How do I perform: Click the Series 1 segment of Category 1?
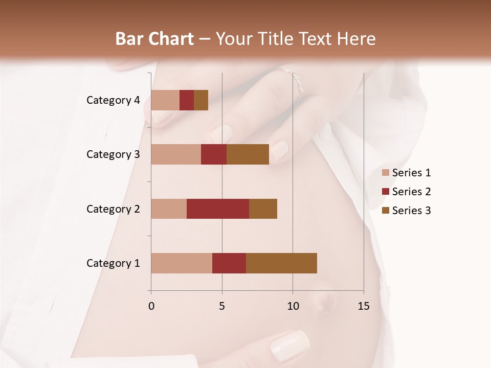coord(182,263)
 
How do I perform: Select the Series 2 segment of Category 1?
coord(229,263)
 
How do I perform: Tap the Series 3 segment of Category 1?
coord(281,263)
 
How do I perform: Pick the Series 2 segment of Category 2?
coord(218,209)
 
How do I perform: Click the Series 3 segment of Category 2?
coord(263,209)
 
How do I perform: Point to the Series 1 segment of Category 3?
coord(176,154)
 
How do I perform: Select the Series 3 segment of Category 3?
coord(248,154)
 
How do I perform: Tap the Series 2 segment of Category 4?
coord(187,100)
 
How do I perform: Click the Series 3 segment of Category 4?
coord(201,100)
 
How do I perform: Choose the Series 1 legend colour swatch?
coord(386,173)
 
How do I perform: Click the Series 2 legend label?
coord(411,192)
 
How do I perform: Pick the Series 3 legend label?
coord(411,211)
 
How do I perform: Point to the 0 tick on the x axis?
coord(151,306)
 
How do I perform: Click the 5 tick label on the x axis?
coord(222,306)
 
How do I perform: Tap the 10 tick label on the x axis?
coord(293,306)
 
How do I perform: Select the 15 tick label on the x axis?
coord(364,306)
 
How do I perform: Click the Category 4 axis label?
coord(113,100)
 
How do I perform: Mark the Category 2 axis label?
coord(113,209)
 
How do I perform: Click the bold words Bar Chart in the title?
coord(154,39)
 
